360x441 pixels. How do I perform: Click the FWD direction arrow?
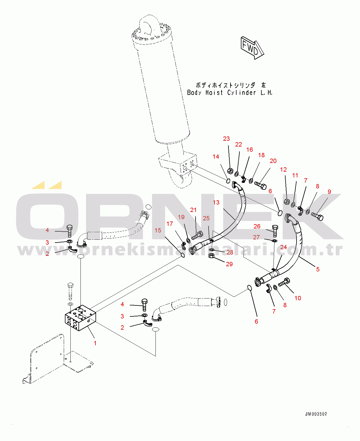tap(252, 48)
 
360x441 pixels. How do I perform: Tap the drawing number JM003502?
tap(316, 414)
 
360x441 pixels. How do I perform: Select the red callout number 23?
tap(226, 139)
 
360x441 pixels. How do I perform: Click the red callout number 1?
tap(95, 343)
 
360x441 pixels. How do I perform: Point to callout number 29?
tap(229, 264)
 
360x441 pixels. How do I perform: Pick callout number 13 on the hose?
tap(216, 202)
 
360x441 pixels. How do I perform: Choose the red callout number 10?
tap(298, 298)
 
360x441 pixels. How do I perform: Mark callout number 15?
tap(158, 230)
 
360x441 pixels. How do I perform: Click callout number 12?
tap(283, 170)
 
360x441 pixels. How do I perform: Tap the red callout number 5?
tap(318, 269)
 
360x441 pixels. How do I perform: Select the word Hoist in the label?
tap(214, 93)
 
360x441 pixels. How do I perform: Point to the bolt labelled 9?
tap(317, 216)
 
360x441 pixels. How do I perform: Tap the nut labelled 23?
tap(230, 171)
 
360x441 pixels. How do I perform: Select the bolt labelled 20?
tap(260, 185)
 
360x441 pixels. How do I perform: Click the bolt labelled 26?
tap(275, 230)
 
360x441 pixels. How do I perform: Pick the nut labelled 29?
tap(211, 256)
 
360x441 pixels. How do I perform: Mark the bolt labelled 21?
tap(197, 235)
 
